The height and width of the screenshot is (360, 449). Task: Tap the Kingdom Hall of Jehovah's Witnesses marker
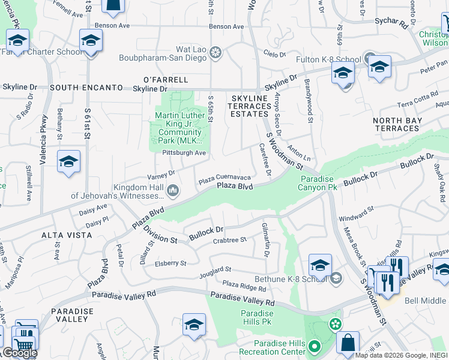173,191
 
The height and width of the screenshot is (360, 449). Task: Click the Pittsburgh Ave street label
184,153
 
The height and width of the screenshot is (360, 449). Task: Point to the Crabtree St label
230,240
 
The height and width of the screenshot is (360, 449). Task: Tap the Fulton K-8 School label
328,59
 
